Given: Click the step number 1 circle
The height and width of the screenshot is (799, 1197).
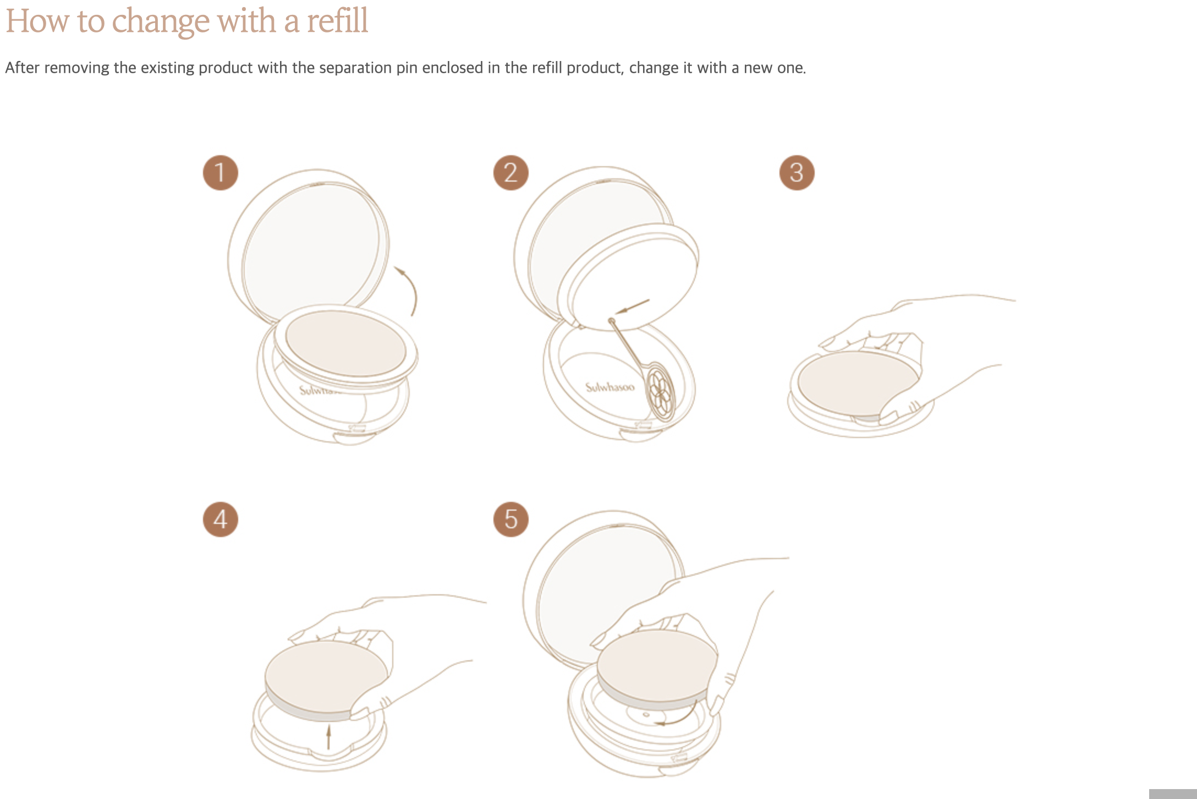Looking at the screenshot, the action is click(x=221, y=173).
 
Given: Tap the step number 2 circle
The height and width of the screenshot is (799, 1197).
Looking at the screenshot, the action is click(x=511, y=173).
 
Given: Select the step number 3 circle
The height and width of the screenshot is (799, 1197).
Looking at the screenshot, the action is click(x=797, y=173).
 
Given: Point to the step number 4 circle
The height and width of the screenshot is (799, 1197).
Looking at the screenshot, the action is click(x=221, y=519).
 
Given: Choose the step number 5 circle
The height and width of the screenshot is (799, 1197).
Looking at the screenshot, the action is click(x=511, y=519).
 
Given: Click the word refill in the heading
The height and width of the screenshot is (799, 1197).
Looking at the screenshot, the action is click(x=337, y=20).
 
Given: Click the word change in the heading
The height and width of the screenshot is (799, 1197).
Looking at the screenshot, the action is click(x=161, y=22).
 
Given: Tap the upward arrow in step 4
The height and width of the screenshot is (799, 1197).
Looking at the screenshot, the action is click(x=328, y=737).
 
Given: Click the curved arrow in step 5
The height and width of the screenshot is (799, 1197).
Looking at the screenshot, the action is click(x=682, y=717).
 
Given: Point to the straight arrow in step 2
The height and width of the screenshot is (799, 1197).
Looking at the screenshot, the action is click(x=632, y=307).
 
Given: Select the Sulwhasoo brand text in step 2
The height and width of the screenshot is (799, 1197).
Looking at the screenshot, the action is click(x=610, y=387).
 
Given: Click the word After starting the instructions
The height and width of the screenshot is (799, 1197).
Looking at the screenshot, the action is click(x=22, y=68).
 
